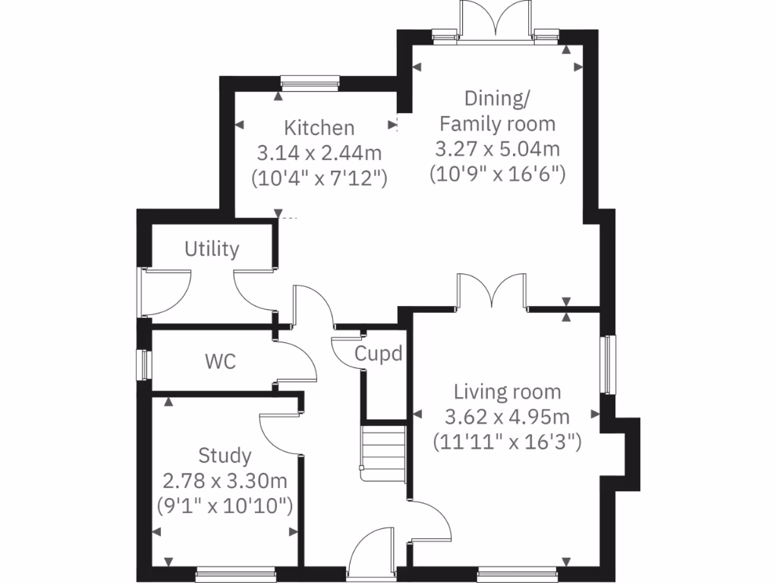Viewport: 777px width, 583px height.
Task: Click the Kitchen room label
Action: (x=319, y=127)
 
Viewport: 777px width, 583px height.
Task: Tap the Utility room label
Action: (x=212, y=249)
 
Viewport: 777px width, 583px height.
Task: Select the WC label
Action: (x=220, y=361)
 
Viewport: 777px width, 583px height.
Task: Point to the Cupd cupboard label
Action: (x=378, y=354)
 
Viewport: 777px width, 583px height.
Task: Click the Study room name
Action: (x=225, y=455)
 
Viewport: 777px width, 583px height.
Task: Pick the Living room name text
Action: (x=507, y=392)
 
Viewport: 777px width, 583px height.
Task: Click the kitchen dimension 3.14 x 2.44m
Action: (x=319, y=153)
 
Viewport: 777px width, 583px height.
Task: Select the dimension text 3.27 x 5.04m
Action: (x=498, y=149)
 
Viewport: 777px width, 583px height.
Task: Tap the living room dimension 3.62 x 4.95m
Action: (x=507, y=417)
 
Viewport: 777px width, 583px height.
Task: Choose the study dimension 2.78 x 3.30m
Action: (x=225, y=481)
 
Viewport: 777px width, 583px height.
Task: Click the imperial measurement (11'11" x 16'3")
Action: (x=507, y=441)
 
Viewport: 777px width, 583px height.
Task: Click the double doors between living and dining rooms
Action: (x=492, y=293)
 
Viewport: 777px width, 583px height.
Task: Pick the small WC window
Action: (x=142, y=364)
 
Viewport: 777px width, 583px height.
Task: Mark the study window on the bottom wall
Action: (x=235, y=575)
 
